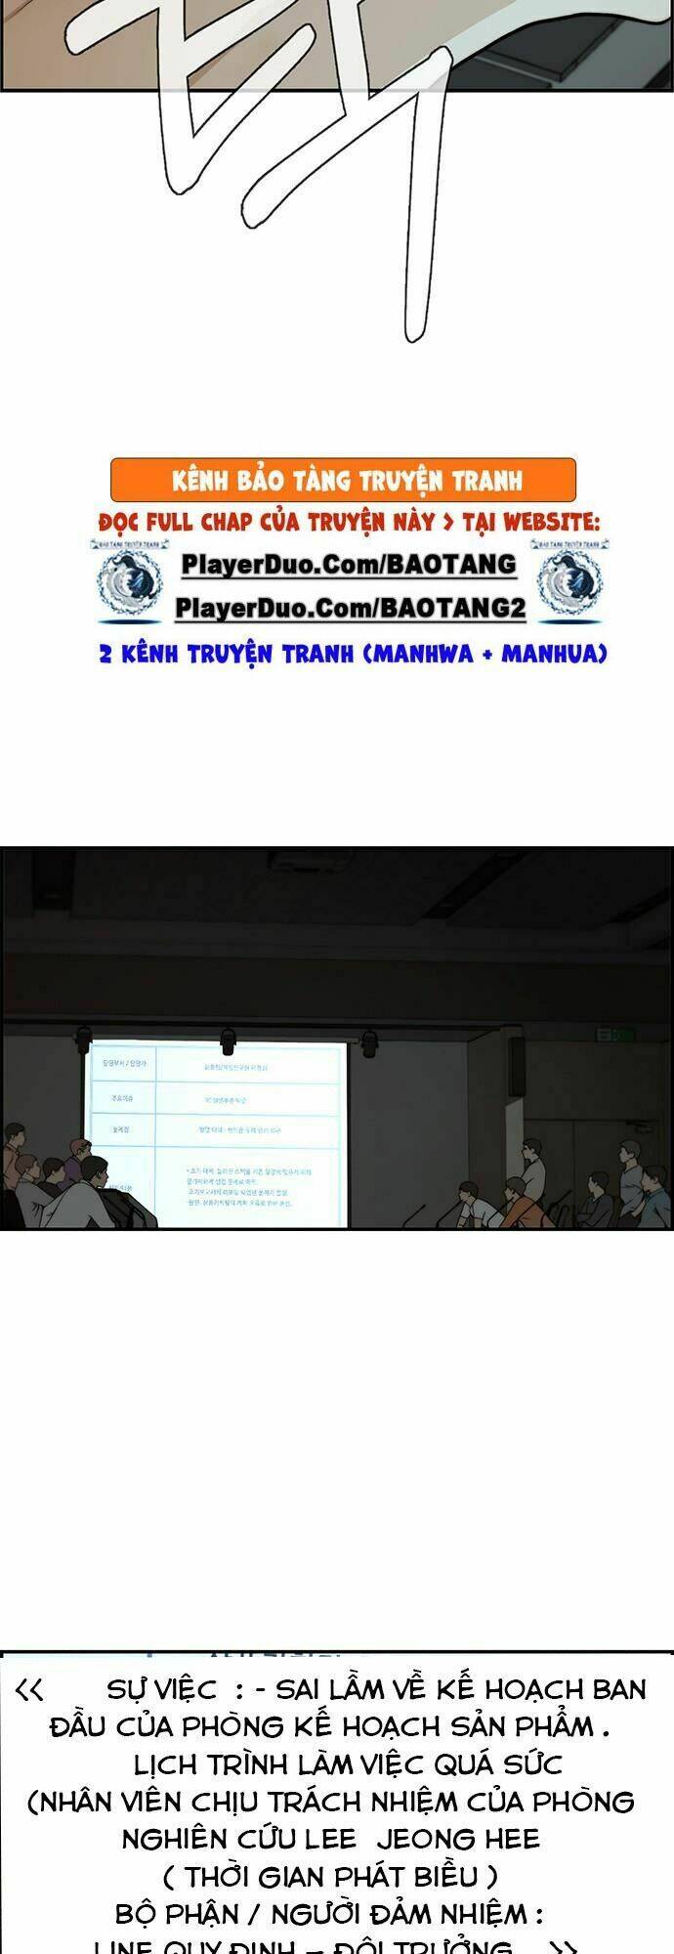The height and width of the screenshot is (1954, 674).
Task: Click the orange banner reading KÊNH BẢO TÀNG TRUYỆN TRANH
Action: click(x=344, y=481)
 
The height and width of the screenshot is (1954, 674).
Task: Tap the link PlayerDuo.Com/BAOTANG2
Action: click(x=351, y=609)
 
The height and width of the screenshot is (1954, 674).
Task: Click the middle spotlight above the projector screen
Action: click(x=228, y=1039)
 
